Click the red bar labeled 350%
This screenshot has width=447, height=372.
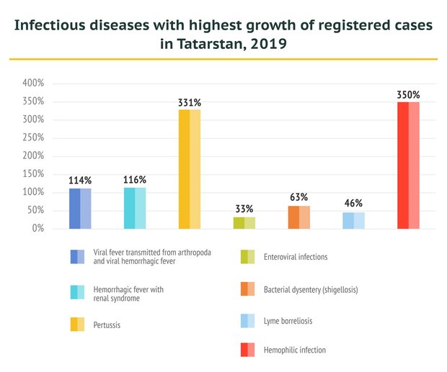[408, 165]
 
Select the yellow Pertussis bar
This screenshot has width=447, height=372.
[190, 169]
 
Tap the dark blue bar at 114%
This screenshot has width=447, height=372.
[80, 209]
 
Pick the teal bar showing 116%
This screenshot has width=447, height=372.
[135, 208]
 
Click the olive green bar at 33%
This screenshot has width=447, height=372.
[244, 222]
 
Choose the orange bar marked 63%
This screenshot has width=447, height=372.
[299, 217]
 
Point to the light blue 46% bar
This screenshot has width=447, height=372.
[353, 220]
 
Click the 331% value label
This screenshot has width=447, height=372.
[190, 103]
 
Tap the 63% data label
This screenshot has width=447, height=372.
[299, 197]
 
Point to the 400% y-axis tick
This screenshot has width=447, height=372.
[33, 83]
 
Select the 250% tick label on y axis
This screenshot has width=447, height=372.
[33, 138]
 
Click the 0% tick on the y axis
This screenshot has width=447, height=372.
[37, 229]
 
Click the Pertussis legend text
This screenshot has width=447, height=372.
[107, 325]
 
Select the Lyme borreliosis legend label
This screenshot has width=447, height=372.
[289, 320]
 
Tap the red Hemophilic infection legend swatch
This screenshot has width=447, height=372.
[248, 350]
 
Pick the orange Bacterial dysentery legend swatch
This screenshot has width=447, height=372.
[248, 289]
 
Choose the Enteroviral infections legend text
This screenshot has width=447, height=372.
[296, 257]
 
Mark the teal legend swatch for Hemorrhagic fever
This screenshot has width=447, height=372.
[78, 292]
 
